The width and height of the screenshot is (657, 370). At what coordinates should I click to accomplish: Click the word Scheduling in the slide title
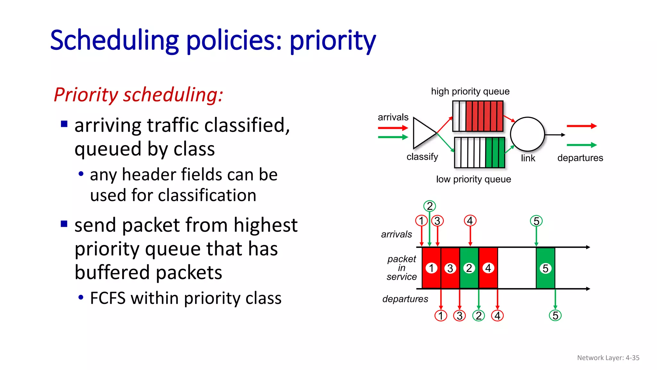114,41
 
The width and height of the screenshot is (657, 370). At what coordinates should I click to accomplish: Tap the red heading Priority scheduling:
138,95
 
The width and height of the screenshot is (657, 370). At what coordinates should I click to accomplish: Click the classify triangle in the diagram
423,133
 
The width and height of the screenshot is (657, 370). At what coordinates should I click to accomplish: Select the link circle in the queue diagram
527,134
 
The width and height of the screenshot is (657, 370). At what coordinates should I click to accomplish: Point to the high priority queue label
470,92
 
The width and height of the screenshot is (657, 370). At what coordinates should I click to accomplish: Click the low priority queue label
473,179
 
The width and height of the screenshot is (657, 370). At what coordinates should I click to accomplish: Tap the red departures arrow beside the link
581,126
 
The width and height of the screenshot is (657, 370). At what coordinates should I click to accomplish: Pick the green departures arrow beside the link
581,145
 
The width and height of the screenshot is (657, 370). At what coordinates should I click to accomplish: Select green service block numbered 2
469,268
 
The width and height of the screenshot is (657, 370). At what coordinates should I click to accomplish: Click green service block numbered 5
545,268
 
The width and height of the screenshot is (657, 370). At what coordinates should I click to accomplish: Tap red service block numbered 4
488,268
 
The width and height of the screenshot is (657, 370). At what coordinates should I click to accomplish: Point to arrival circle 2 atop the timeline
430,206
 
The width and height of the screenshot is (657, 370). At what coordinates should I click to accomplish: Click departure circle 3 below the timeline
459,316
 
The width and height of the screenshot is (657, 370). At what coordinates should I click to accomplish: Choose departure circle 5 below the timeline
555,315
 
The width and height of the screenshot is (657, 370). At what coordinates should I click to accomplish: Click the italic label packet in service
401,268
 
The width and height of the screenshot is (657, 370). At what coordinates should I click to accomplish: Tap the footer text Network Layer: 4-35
608,358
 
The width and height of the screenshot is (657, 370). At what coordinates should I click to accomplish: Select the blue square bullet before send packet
64,224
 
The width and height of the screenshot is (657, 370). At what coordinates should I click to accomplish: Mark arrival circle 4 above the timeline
470,221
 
